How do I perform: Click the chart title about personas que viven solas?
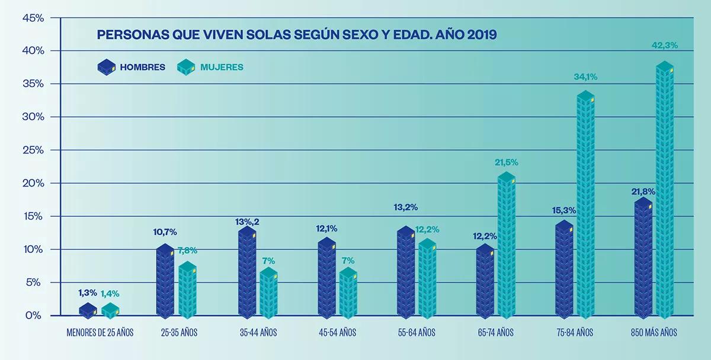297,34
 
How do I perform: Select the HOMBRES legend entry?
132,67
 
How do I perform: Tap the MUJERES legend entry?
210,67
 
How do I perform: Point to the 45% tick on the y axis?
33,18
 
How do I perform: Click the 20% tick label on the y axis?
33,183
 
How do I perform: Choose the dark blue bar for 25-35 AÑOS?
165,281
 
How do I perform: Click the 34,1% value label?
585,76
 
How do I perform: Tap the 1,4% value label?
110,293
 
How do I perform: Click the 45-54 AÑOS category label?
337,333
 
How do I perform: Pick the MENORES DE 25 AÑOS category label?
100,333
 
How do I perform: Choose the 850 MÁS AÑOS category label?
654,333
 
